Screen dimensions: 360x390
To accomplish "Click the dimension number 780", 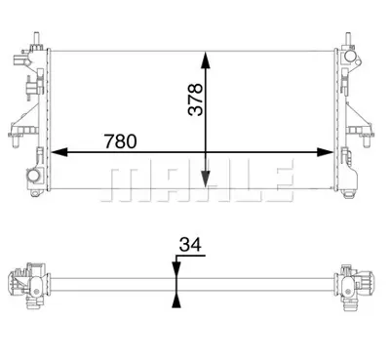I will tap(121, 140).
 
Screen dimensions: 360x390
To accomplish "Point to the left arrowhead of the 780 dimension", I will tap(57, 152).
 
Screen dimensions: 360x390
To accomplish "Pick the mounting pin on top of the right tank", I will tap(347, 38).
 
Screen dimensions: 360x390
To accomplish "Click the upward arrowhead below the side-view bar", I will tap(175, 298).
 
